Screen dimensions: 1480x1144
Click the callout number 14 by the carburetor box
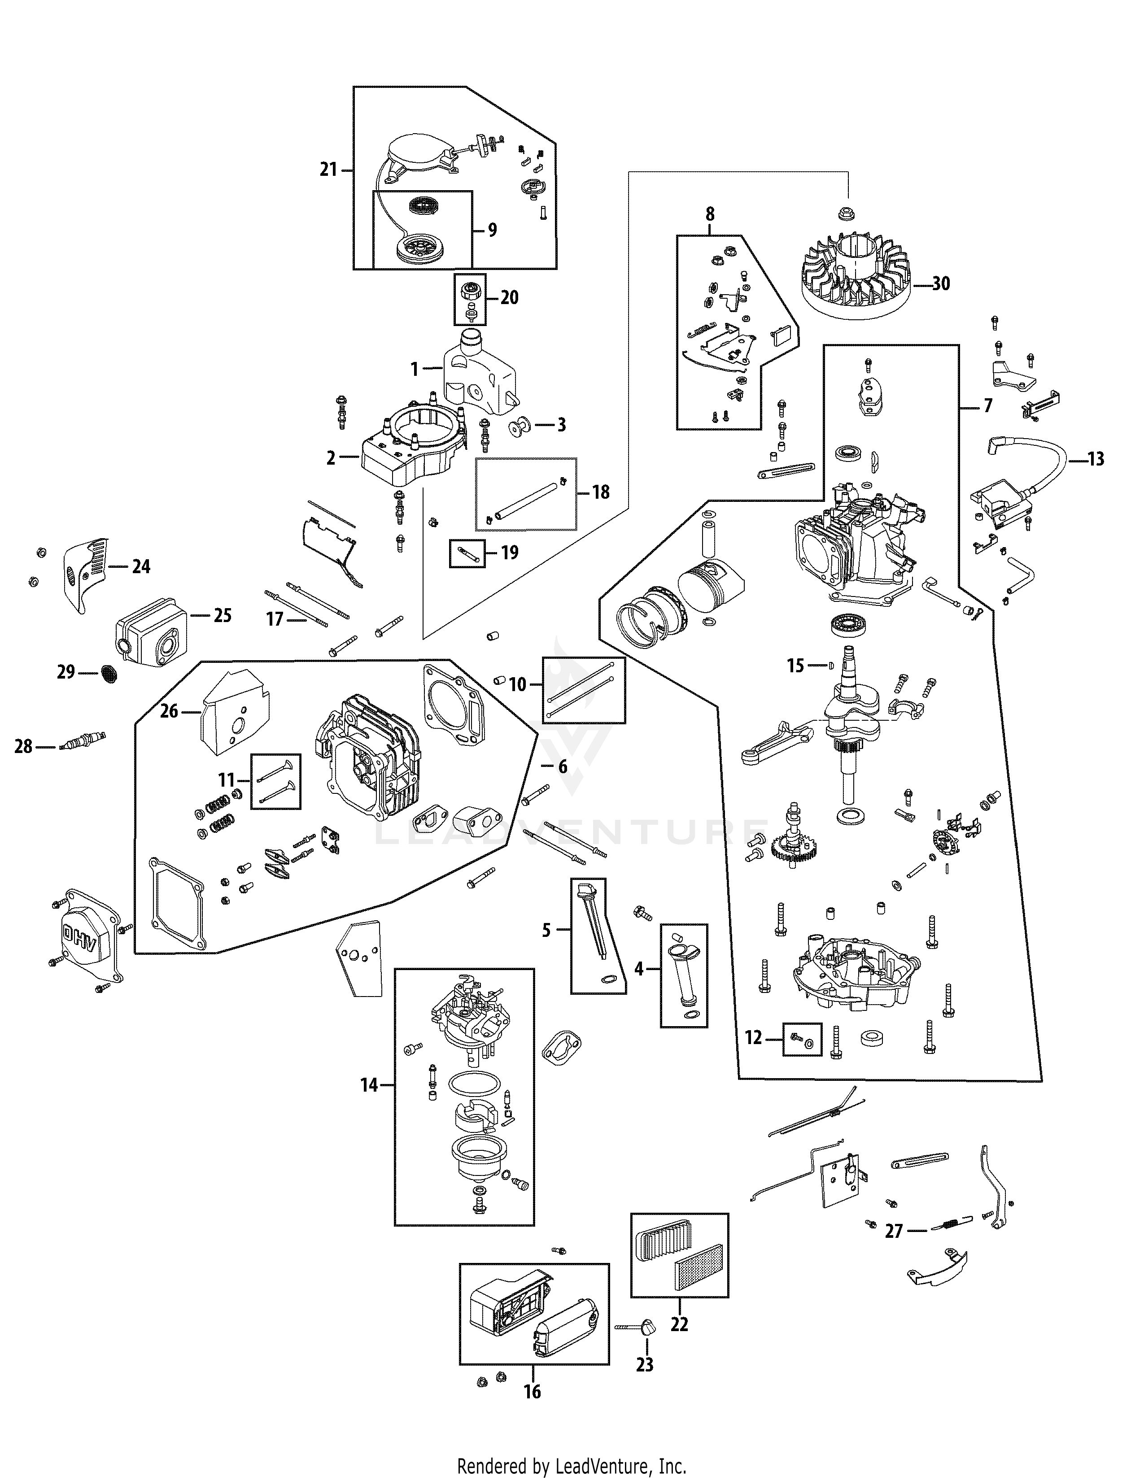pyautogui.click(x=369, y=1085)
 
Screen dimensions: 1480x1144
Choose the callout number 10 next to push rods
pyautogui.click(x=517, y=684)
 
